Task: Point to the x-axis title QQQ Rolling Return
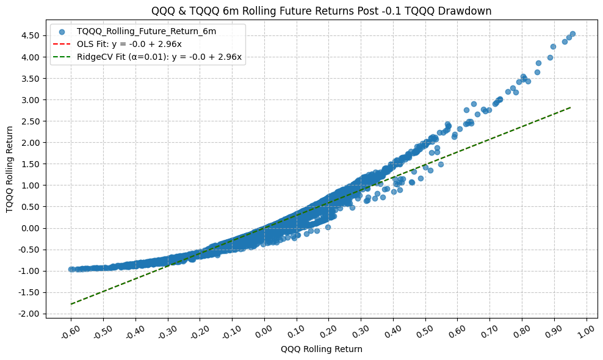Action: pos(321,349)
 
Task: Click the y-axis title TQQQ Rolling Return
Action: pos(10,170)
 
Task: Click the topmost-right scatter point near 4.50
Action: pos(572,34)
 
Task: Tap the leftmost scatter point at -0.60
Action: pos(71,269)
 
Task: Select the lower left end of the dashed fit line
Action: pos(71,304)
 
